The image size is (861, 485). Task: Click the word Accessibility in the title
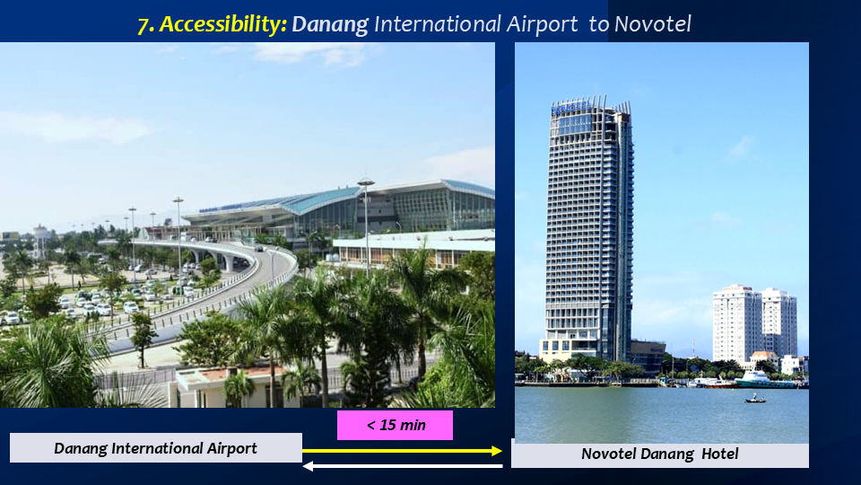222,24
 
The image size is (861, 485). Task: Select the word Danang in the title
330,25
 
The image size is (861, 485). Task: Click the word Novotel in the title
652,23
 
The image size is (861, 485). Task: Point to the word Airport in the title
542,25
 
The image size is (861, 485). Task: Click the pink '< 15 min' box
395,425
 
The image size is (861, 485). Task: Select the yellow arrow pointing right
402,451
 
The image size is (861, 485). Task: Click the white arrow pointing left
403,466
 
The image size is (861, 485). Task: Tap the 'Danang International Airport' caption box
156,447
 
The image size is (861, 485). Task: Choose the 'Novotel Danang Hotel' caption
660,454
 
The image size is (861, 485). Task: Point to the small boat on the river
755,399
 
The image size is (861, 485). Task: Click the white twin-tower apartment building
754,323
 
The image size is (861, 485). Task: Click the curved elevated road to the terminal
220,286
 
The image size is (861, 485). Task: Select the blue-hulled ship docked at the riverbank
764,379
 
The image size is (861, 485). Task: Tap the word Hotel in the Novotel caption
720,454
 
